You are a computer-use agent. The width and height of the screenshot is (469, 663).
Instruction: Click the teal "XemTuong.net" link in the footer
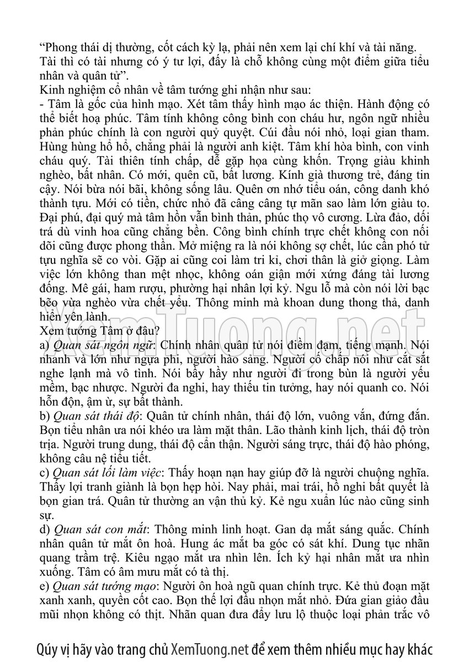210,646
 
